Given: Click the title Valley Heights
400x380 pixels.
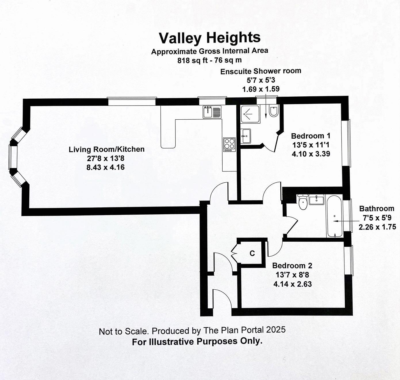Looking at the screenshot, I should [x=210, y=38].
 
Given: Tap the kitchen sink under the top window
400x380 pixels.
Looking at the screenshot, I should [x=212, y=112].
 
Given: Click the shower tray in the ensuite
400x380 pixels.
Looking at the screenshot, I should [x=250, y=114].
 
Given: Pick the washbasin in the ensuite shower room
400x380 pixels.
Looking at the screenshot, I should [x=246, y=136].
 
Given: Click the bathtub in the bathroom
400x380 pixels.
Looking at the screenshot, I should [x=334, y=216].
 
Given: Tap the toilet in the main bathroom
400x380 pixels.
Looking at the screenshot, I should [x=303, y=202].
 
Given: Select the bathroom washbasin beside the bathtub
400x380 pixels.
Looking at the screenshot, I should [x=316, y=199].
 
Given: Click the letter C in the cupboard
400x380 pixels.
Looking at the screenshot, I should [x=252, y=253].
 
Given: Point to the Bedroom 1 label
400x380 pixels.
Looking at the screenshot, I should [x=311, y=136].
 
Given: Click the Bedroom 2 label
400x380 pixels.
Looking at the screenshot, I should [x=292, y=266].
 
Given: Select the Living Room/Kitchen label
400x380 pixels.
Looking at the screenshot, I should [x=106, y=149].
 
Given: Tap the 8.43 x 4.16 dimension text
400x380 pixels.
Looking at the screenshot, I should [x=106, y=167].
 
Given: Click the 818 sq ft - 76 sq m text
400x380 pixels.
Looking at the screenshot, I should [x=210, y=60].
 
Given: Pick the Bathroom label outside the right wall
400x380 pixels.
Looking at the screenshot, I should [x=376, y=209].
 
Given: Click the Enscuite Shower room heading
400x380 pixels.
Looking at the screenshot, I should [x=261, y=71].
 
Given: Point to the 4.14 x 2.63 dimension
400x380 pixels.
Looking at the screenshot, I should [x=292, y=284].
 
